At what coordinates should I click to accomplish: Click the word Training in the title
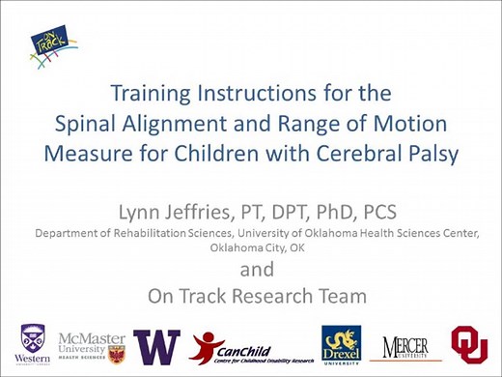155,96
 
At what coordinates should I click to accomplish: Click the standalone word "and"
256,267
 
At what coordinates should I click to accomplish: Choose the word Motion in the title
422,124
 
